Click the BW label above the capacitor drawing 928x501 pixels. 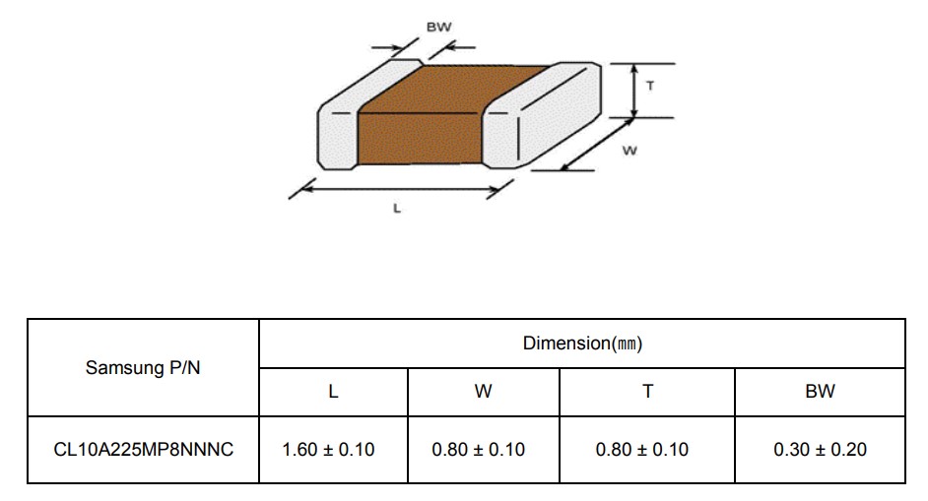pyautogui.click(x=438, y=27)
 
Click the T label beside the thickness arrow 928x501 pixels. pyautogui.click(x=650, y=86)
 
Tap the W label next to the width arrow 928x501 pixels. pyautogui.click(x=630, y=151)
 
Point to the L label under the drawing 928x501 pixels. pyautogui.click(x=397, y=209)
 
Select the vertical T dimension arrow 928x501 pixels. pyautogui.click(x=634, y=91)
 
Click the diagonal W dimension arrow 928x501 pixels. pyautogui.click(x=596, y=145)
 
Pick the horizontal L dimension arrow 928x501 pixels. pyautogui.click(x=401, y=189)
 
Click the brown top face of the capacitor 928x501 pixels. pyautogui.click(x=453, y=89)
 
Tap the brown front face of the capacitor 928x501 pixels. pyautogui.click(x=420, y=139)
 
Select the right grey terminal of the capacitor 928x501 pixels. pyautogui.click(x=542, y=115)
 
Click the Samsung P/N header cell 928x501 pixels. pyautogui.click(x=143, y=368)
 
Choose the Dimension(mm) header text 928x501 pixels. pyautogui.click(x=582, y=344)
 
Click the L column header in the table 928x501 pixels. pyautogui.click(x=333, y=392)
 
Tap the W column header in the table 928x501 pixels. pyautogui.click(x=483, y=392)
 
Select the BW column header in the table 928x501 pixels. pyautogui.click(x=820, y=392)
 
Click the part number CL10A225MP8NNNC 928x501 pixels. pyautogui.click(x=143, y=450)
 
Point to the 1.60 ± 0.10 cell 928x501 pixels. pyautogui.click(x=328, y=450)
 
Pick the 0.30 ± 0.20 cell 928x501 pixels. pyautogui.click(x=820, y=450)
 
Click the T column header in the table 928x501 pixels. pyautogui.click(x=647, y=392)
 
